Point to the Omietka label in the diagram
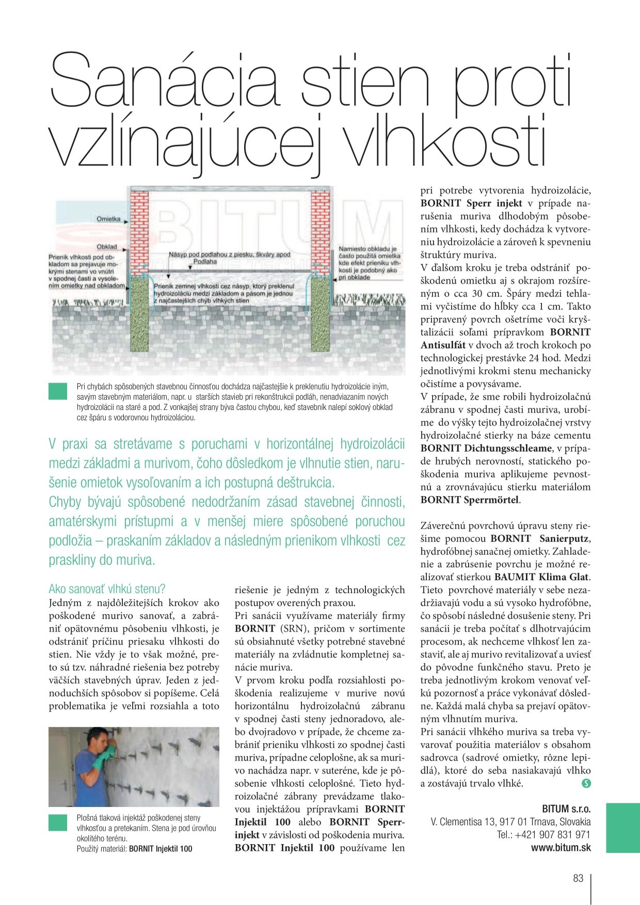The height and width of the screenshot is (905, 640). (108, 219)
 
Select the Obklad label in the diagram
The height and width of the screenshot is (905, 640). (107, 247)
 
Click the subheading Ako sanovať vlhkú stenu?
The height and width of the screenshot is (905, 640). (107, 589)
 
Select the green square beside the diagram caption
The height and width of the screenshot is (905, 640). (58, 391)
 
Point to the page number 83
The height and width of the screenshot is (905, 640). (578, 878)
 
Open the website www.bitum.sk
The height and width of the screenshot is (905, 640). (561, 848)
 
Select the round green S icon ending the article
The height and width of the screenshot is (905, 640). (585, 783)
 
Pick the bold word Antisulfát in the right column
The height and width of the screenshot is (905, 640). (443, 345)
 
